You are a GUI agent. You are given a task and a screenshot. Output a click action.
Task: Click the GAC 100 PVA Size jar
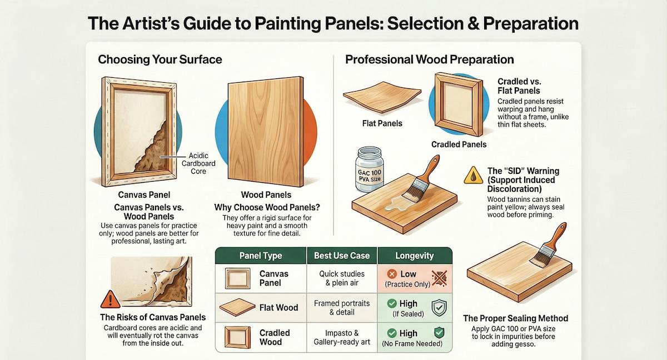(x=369, y=169)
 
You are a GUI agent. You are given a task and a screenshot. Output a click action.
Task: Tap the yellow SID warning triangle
(x=473, y=176)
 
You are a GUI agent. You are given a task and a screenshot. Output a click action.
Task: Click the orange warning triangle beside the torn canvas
(x=111, y=299)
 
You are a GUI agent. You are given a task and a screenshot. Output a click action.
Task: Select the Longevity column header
(x=415, y=256)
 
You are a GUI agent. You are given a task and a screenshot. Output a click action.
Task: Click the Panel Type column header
(x=261, y=256)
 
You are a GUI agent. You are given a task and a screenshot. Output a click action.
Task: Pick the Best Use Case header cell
(x=342, y=256)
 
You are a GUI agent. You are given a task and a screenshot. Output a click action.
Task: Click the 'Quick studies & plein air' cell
(x=342, y=278)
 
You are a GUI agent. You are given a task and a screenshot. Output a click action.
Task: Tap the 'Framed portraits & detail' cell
(x=342, y=308)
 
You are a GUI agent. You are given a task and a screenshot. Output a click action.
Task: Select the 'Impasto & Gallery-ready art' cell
(x=342, y=337)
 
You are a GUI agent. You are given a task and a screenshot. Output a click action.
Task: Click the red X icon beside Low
(x=392, y=274)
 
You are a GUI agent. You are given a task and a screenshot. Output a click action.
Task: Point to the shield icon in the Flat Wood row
(x=439, y=308)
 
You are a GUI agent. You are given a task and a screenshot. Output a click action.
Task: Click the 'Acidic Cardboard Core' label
(x=198, y=163)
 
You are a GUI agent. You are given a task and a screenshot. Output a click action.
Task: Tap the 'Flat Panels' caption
(x=382, y=123)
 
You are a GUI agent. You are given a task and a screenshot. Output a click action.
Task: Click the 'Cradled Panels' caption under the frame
(x=459, y=144)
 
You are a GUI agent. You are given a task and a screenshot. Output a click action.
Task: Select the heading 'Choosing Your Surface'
(x=160, y=59)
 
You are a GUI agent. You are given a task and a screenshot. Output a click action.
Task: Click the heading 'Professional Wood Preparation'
(x=429, y=59)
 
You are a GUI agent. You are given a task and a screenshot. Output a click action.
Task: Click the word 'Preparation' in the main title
(x=531, y=23)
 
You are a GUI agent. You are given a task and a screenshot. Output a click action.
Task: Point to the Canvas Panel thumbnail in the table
(x=237, y=278)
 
